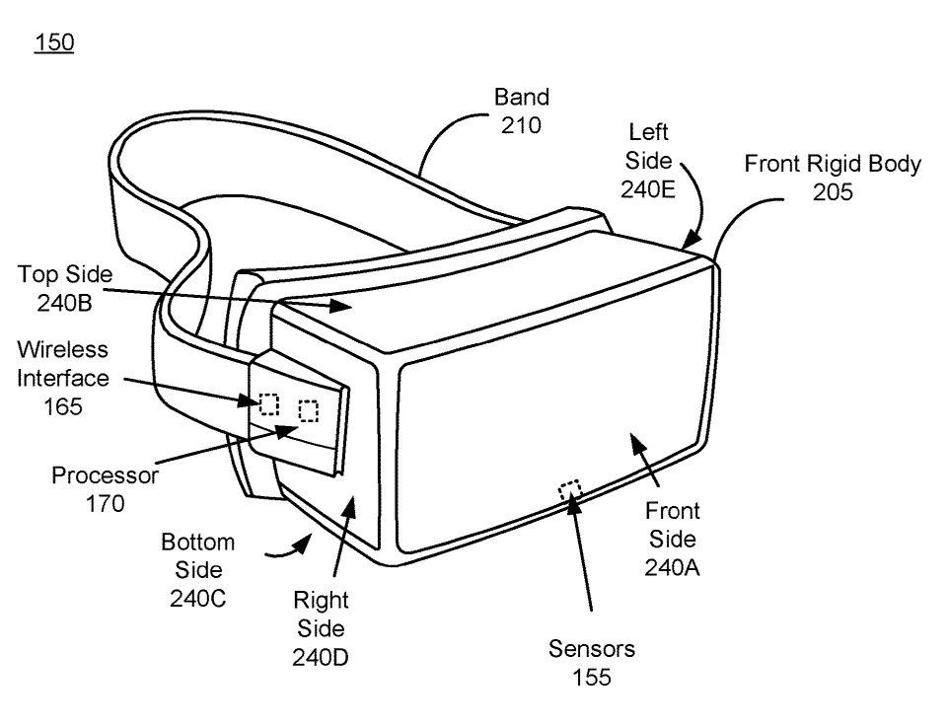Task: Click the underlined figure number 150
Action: click(54, 42)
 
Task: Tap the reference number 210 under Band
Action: click(521, 125)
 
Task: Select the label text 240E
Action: click(648, 189)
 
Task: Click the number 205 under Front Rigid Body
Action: click(833, 192)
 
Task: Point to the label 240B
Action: click(65, 303)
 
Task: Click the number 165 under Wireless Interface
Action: click(63, 406)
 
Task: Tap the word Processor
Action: click(106, 475)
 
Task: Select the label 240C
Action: click(198, 599)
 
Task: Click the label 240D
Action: click(321, 657)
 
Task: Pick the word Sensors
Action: click(592, 649)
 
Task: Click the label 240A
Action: click(672, 568)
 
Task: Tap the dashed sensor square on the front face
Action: click(570, 490)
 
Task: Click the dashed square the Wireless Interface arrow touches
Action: click(268, 404)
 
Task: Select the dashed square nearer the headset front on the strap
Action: click(309, 411)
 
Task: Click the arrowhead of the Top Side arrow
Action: click(340, 306)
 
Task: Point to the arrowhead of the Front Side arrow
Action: click(637, 443)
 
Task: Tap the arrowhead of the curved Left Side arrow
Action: click(692, 238)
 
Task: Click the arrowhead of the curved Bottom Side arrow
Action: click(303, 544)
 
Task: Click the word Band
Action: click(522, 98)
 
